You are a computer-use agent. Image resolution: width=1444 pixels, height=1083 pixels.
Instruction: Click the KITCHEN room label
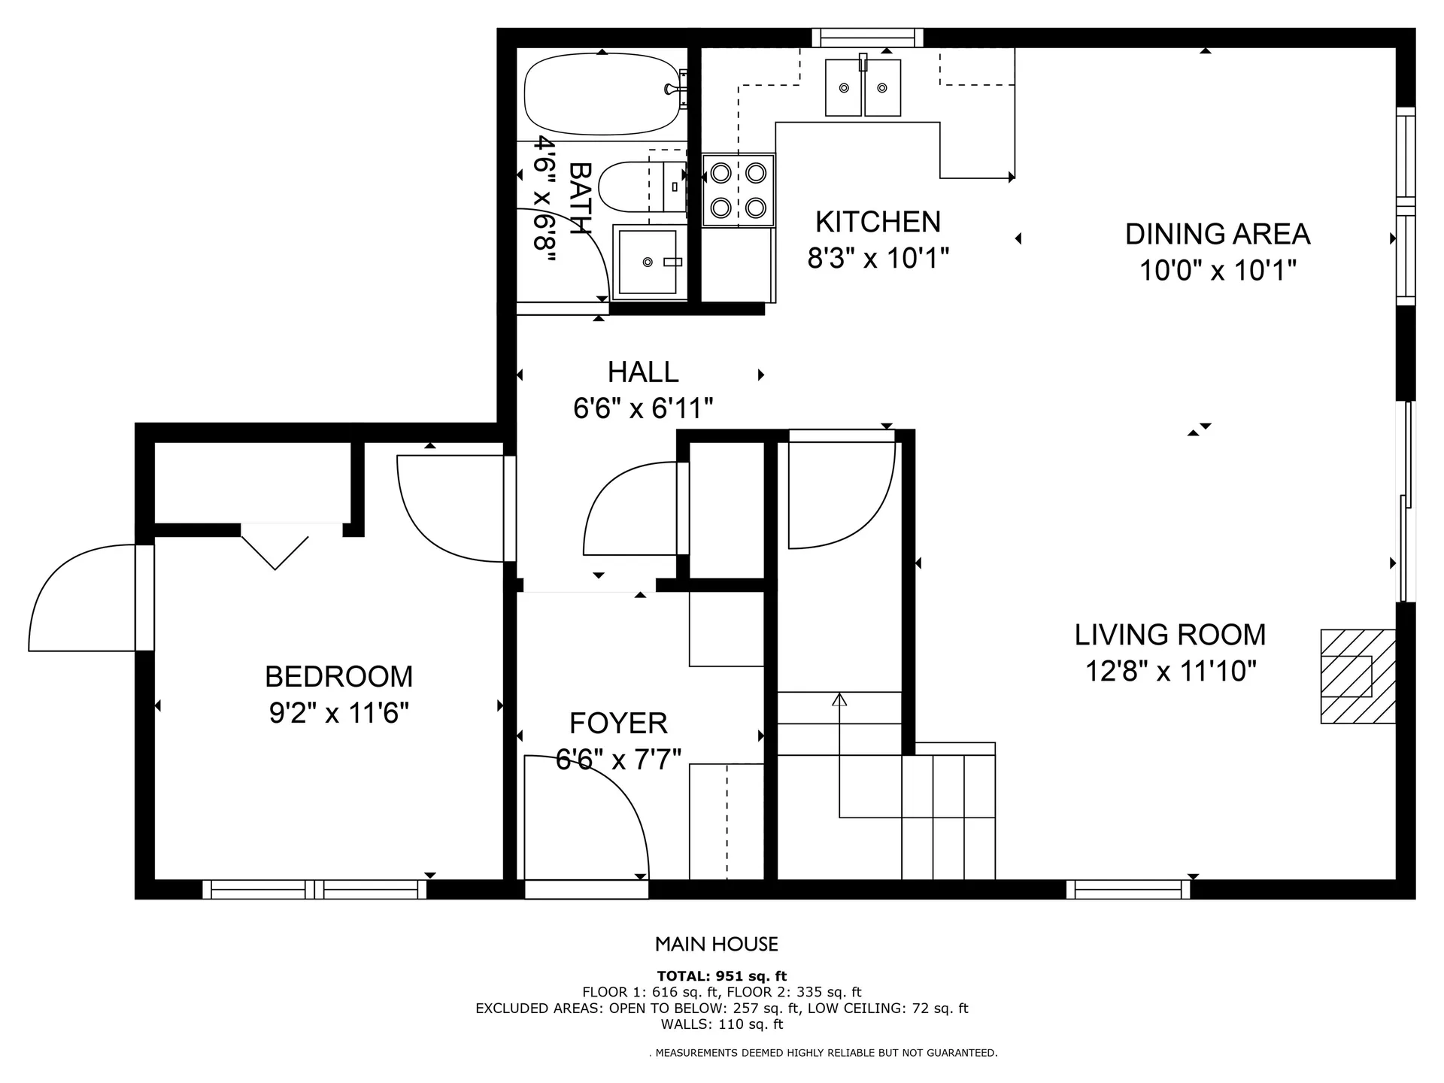pos(878,222)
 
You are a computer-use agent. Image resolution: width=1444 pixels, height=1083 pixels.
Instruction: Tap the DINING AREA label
pos(1218,234)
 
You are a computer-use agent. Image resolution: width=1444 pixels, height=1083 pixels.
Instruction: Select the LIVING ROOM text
pos(1170,635)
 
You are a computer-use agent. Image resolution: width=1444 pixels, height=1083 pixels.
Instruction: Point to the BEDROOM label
pos(339,677)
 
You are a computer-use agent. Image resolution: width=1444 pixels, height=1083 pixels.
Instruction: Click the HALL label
pos(643,372)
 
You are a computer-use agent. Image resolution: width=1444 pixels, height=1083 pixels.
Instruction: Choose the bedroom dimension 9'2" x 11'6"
pos(339,712)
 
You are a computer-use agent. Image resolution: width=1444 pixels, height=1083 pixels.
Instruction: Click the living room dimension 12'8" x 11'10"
pos(1171,670)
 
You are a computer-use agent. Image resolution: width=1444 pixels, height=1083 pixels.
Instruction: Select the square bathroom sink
pos(648,262)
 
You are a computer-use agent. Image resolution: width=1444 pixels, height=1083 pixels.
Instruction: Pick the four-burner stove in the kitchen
pos(739,190)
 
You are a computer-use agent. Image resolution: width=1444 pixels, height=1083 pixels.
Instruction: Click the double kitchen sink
pos(863,88)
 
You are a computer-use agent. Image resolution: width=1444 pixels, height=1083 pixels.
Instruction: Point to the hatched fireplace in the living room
pos(1358,676)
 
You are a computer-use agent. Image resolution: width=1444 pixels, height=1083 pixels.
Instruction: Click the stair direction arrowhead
pos(839,699)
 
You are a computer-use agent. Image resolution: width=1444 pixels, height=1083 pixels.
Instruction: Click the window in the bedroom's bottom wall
pos(314,889)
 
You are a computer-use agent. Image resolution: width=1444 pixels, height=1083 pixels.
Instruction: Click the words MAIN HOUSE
pos(717,944)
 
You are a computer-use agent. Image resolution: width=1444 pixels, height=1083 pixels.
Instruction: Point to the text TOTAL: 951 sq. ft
pos(722,976)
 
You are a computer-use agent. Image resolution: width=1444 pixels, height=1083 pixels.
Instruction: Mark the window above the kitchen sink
pos(868,38)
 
